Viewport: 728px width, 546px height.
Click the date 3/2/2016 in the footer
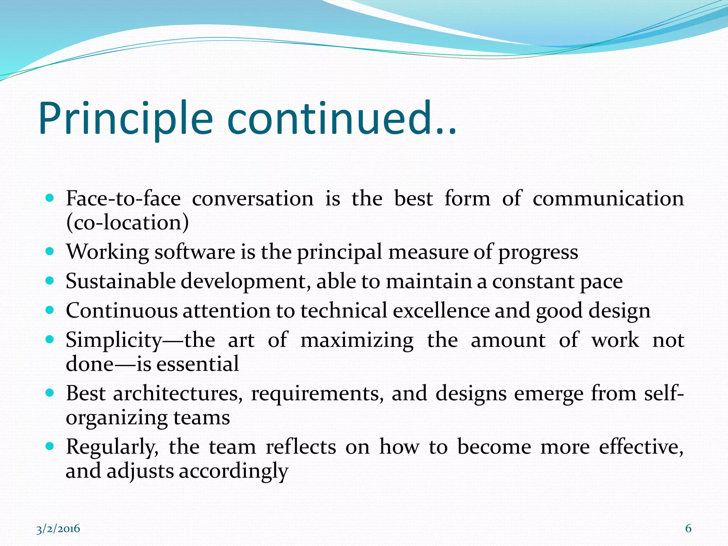click(x=58, y=529)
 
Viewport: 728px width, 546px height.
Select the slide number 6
click(x=688, y=528)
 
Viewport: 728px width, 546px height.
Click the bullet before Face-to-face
click(x=50, y=198)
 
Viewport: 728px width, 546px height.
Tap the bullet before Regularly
click(x=50, y=446)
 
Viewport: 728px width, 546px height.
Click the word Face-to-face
click(x=123, y=198)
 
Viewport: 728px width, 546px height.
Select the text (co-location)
click(x=127, y=223)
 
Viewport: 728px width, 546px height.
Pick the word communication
click(x=608, y=198)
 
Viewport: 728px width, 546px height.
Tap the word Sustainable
click(x=121, y=281)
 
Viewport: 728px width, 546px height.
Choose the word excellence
click(x=441, y=311)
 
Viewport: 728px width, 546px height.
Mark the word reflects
click(x=301, y=446)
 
